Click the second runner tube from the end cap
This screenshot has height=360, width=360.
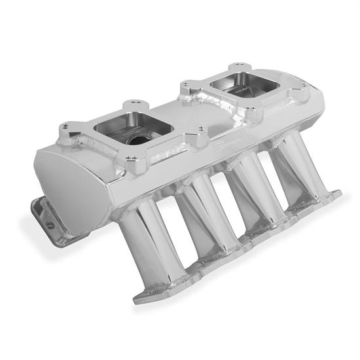click(209, 219)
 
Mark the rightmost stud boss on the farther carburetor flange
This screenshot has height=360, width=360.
click(304, 92)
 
